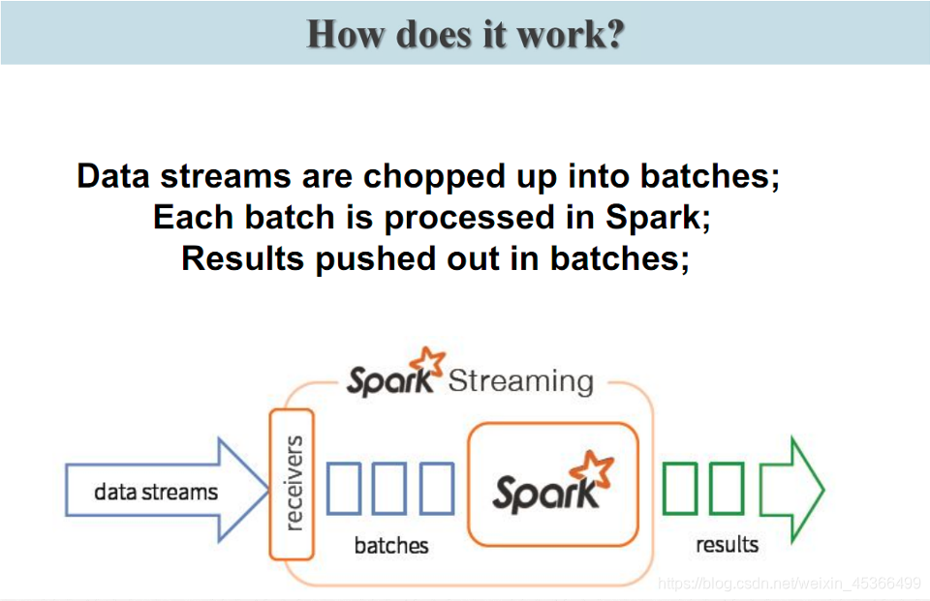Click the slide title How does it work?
[x=465, y=34]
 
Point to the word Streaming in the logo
[x=520, y=380]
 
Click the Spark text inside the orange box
[x=544, y=494]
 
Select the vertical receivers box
[x=292, y=484]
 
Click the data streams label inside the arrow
[x=156, y=492]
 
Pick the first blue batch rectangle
[x=343, y=488]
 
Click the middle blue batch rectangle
[x=389, y=488]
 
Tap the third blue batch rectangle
[x=436, y=488]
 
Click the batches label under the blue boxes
[x=390, y=545]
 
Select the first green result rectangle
[x=680, y=488]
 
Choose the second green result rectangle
[x=727, y=488]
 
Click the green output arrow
[x=790, y=488]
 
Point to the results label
[x=727, y=544]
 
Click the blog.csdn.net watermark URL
[x=789, y=583]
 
